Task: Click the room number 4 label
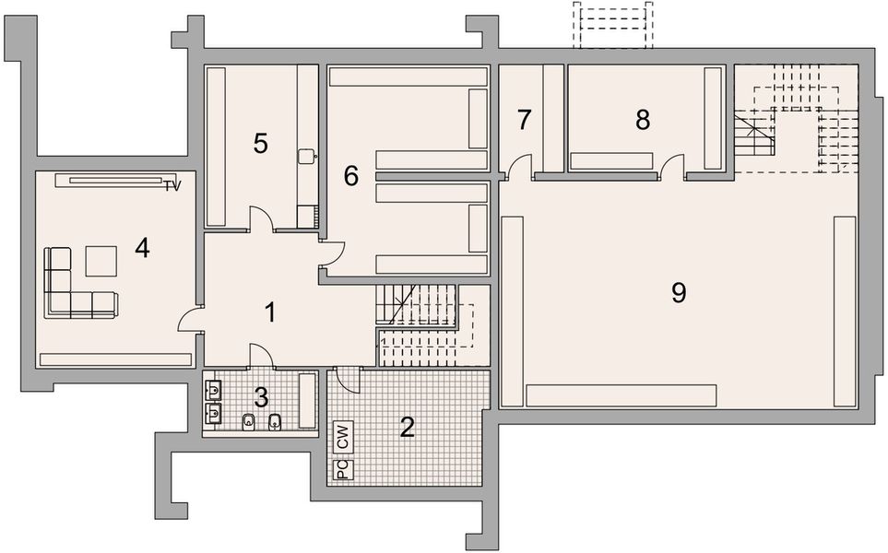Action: tap(142, 248)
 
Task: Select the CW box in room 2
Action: tap(342, 437)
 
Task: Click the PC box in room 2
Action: tap(342, 469)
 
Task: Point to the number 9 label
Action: tap(679, 293)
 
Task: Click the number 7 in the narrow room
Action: tap(525, 119)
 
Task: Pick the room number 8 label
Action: tap(643, 119)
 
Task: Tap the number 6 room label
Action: tap(350, 175)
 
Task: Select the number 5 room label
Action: tap(261, 144)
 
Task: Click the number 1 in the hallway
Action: tap(270, 312)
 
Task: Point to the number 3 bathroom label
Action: tap(261, 397)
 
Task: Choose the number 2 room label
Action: tap(407, 427)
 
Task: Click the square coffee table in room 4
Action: tap(101, 262)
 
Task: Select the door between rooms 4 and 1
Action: tap(191, 318)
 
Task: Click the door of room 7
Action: tap(520, 166)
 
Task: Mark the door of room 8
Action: tap(672, 166)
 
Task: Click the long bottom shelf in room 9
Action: tap(621, 394)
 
